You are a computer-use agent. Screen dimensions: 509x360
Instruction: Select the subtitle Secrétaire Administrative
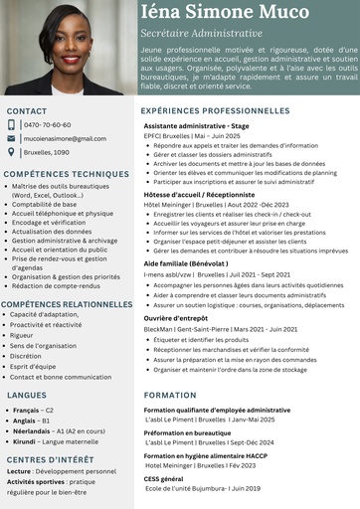(201, 33)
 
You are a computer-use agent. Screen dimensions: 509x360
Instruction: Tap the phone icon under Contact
(12, 125)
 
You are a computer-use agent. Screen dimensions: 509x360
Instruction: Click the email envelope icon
(12, 139)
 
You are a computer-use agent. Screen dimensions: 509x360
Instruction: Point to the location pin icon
(12, 153)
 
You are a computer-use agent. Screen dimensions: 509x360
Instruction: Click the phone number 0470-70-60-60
(47, 125)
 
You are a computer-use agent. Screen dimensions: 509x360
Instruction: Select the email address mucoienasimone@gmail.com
(64, 139)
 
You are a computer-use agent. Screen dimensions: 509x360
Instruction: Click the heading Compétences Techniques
(67, 174)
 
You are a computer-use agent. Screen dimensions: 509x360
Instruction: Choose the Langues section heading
(26, 395)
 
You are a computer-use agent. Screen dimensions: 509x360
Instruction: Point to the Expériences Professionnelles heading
(215, 110)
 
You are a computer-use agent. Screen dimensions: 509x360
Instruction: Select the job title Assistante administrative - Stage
(197, 127)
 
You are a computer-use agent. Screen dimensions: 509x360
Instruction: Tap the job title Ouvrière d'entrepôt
(175, 318)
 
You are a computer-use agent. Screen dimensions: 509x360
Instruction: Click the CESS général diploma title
(171, 479)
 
